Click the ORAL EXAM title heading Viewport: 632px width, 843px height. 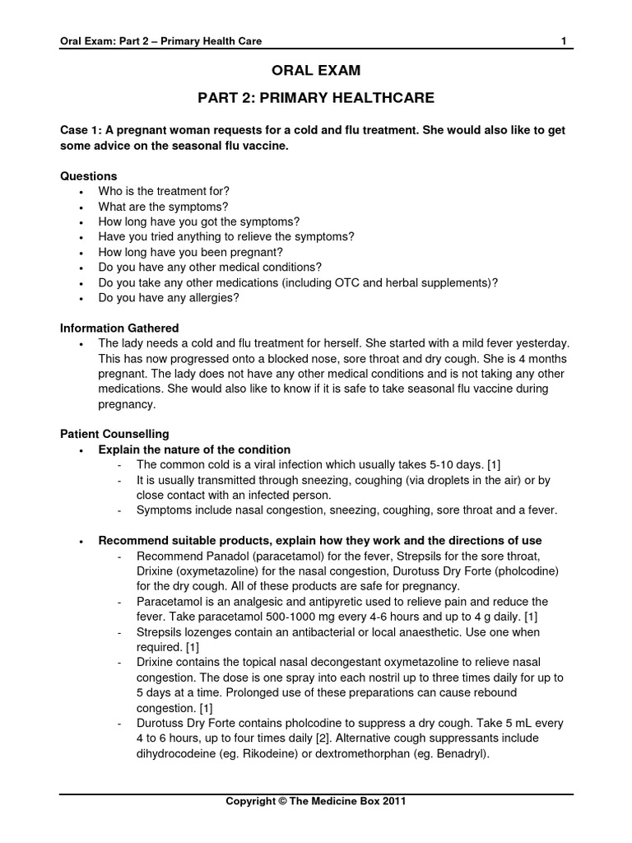pos(316,72)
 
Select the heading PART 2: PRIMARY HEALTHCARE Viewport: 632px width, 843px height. pos(316,99)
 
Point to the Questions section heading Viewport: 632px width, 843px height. pos(89,176)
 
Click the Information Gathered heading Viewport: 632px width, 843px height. pos(119,328)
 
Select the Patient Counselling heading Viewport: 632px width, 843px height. pos(114,433)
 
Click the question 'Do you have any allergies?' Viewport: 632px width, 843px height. pos(169,297)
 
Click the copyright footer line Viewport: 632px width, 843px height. pos(316,800)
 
